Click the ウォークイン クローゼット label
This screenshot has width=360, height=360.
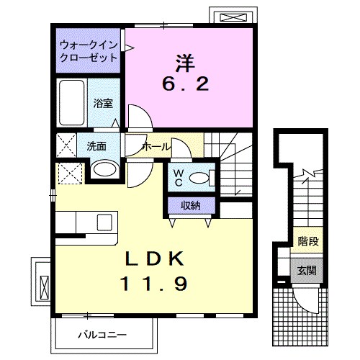tap(89, 50)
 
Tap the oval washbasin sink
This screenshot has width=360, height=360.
tap(104, 170)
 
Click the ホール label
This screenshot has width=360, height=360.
tap(156, 146)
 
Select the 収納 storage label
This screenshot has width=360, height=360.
tap(190, 207)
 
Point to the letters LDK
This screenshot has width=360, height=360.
tap(159, 257)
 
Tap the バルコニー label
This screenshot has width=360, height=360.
tap(102, 334)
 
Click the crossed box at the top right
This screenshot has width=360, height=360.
tap(230, 17)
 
